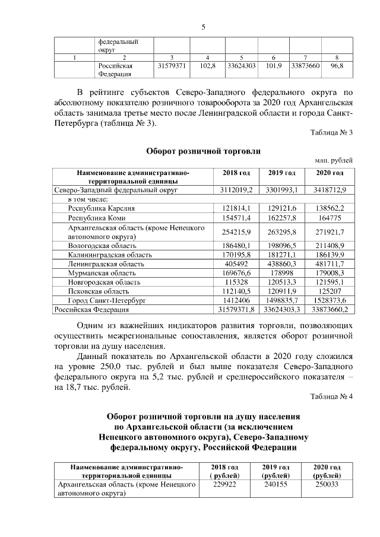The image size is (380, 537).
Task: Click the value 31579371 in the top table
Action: click(172, 66)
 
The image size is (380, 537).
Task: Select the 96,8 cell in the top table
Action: click(337, 66)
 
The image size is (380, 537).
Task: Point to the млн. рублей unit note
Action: click(334, 160)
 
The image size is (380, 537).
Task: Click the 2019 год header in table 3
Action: click(281, 173)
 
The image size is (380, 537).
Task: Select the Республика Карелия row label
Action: click(102, 208)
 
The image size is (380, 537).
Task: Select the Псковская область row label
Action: click(98, 291)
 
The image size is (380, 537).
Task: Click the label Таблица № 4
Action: click(331, 397)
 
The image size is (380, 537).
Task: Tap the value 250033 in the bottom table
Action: click(330, 485)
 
